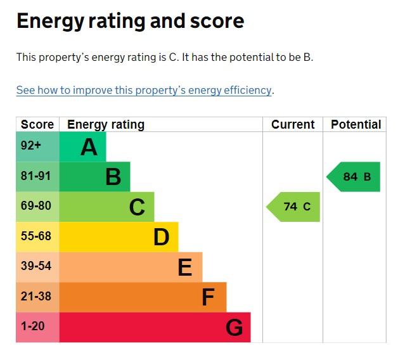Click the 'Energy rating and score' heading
tap(130, 21)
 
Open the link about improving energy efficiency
tap(144, 90)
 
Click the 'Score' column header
tap(37, 124)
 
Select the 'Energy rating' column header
tap(106, 124)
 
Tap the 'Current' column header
tap(293, 124)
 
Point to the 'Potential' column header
tap(356, 124)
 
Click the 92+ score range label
tap(31, 146)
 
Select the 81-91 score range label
tap(35, 176)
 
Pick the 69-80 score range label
tap(35, 206)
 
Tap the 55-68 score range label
tap(35, 236)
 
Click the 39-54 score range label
tap(35, 266)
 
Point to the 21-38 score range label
tap(35, 297)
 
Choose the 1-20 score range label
tap(33, 326)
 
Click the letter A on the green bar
tap(89, 147)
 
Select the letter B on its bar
tap(113, 177)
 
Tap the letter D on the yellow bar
tap(161, 237)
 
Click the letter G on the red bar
tap(234, 328)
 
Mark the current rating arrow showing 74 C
tap(294, 207)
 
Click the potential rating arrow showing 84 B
tap(354, 177)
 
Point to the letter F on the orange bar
tap(208, 297)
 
